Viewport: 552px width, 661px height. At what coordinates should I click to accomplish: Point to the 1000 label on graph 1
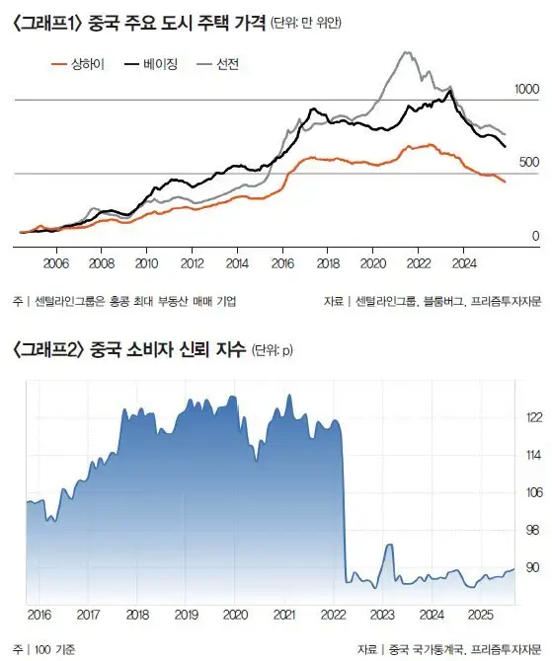coord(527,90)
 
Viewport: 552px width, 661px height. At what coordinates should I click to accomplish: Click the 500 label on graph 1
coord(530,162)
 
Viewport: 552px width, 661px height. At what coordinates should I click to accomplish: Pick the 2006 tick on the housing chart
coord(56,263)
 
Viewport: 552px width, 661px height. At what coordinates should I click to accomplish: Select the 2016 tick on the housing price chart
coord(282,263)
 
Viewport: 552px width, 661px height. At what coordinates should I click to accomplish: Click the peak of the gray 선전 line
coord(406,52)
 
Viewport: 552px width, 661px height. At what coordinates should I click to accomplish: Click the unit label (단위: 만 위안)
coord(305,22)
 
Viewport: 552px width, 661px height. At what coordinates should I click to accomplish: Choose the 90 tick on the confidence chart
coord(533,567)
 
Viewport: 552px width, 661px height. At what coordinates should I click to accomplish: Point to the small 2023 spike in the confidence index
coord(389,545)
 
